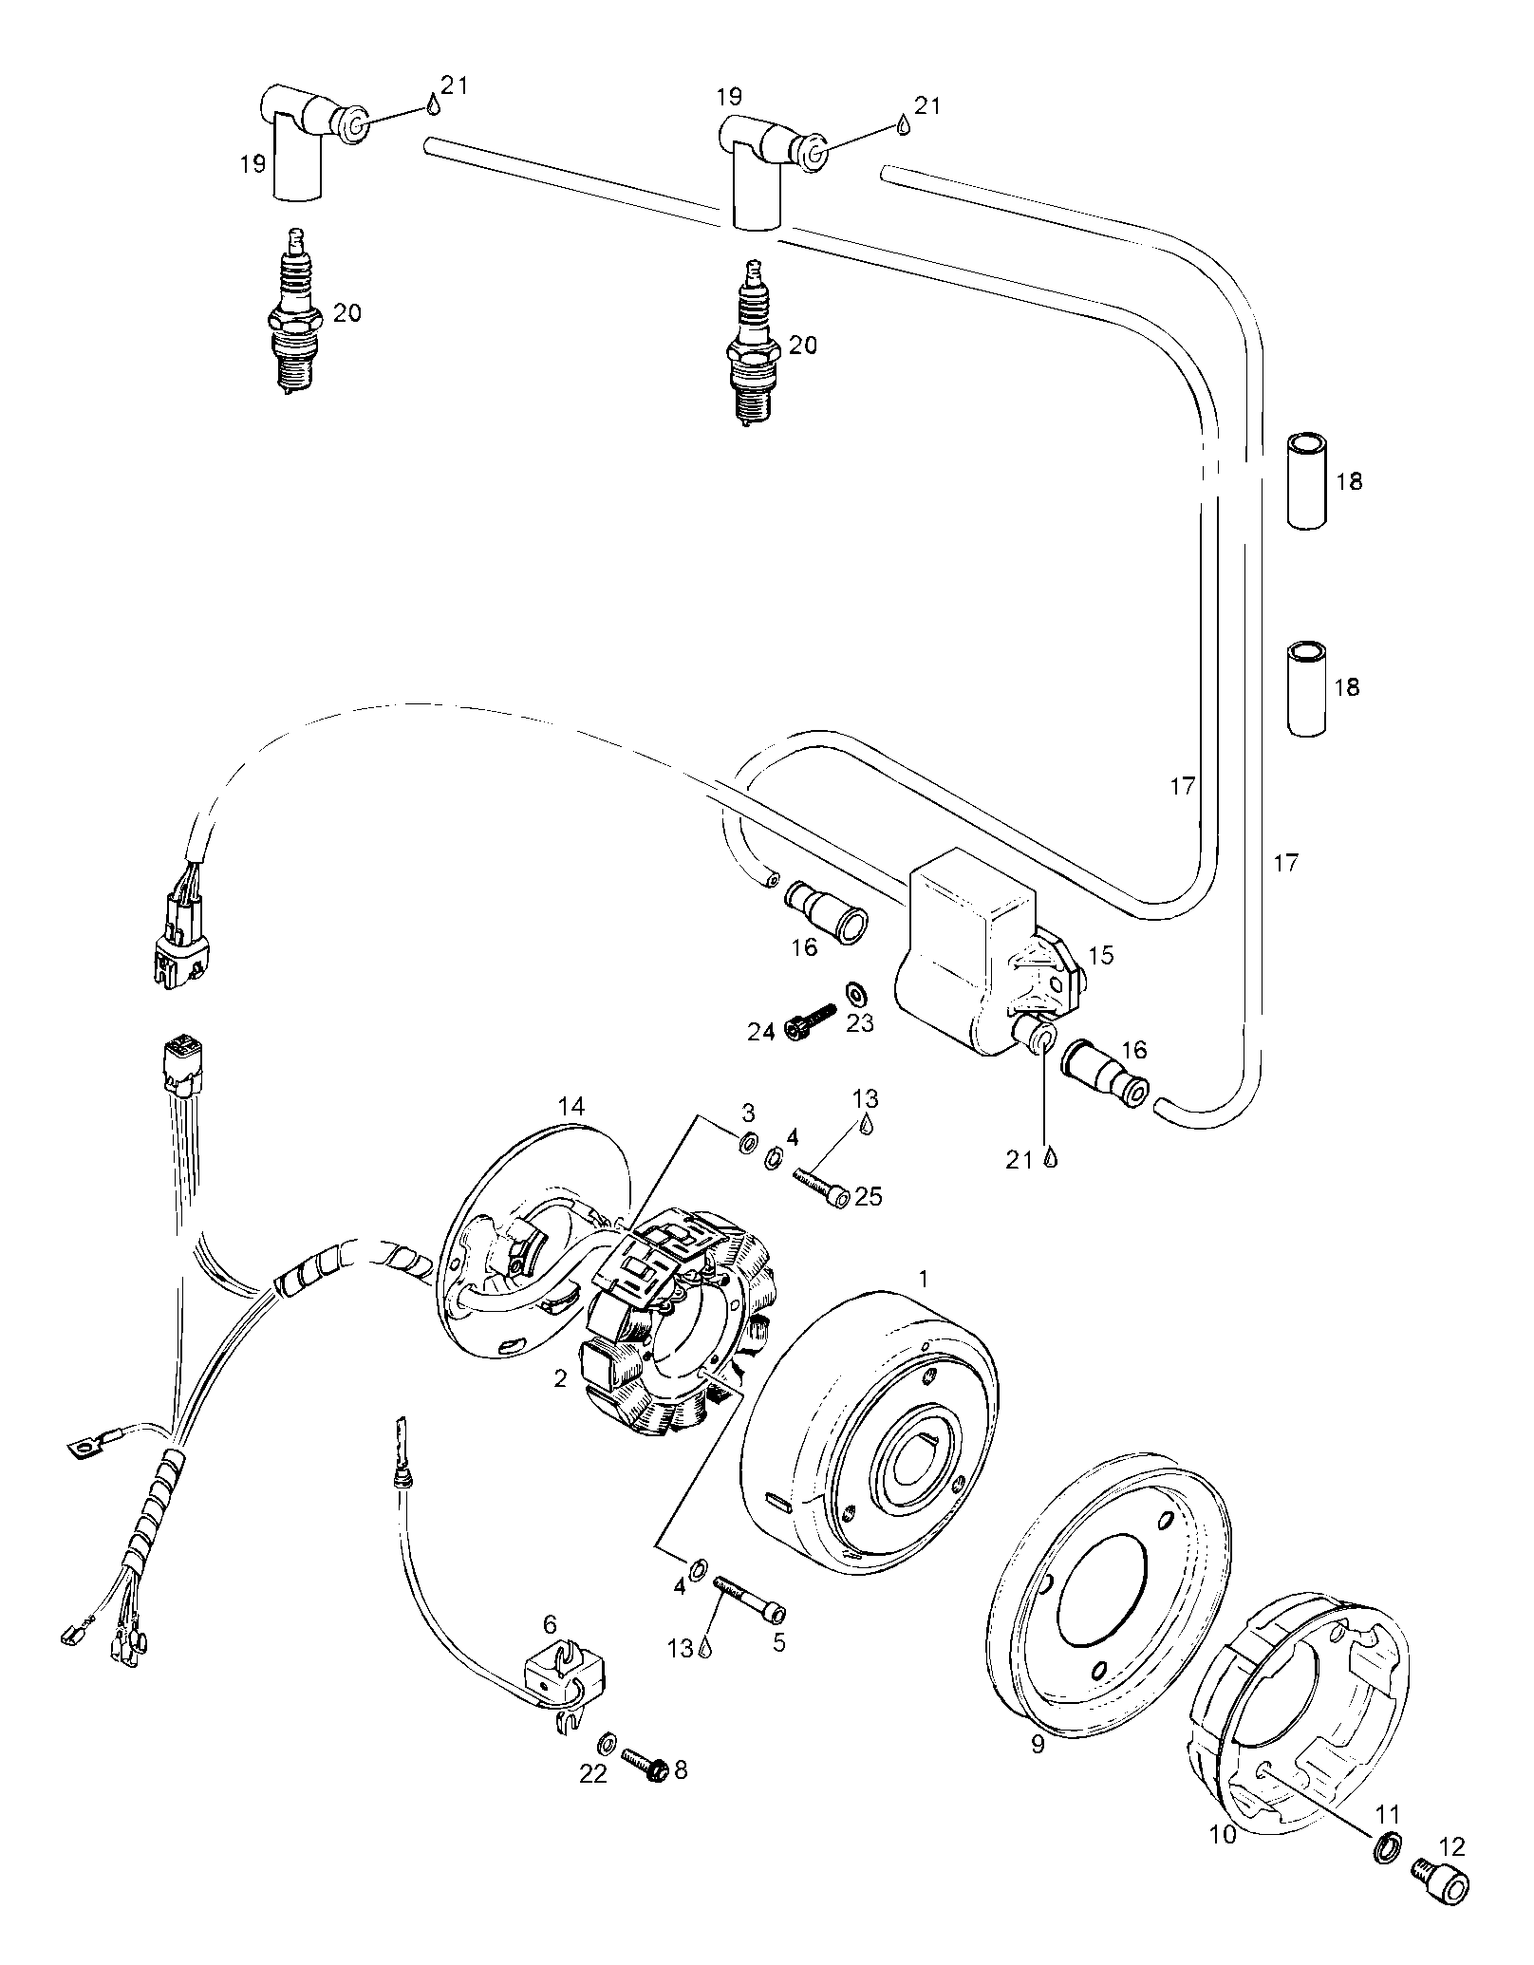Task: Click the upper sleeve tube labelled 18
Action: tap(1306, 480)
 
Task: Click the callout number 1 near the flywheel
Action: tap(922, 1279)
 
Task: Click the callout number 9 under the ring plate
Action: tap(1037, 1744)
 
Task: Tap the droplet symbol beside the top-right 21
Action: tap(903, 124)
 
